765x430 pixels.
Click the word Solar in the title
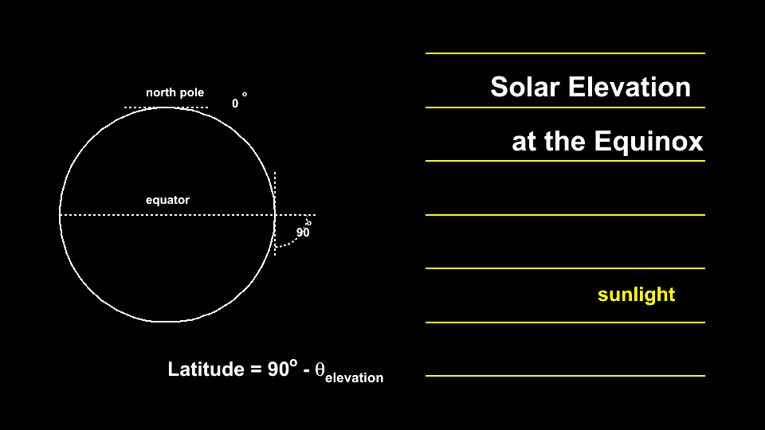524,88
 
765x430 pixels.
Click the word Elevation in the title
630,88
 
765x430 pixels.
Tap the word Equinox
649,142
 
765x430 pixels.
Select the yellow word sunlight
636,295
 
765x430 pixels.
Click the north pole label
175,92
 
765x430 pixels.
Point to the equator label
167,200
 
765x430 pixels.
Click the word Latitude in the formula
206,369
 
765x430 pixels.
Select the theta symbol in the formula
320,369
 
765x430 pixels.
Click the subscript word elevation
354,377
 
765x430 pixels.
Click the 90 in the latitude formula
279,369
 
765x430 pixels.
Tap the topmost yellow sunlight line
565,53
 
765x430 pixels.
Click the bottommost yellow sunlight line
565,376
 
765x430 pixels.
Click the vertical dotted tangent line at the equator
275,213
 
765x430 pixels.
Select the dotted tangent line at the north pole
166,107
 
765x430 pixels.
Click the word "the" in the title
564,142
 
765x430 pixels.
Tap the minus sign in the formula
306,371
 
